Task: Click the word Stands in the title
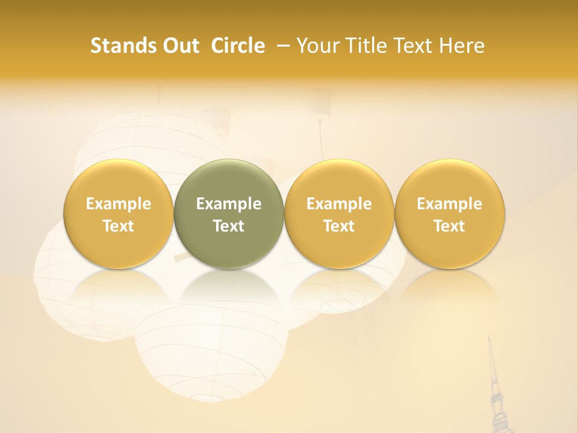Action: tap(119, 46)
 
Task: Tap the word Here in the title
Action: tap(461, 46)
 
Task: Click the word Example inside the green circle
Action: tap(229, 204)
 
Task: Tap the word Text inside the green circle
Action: tap(229, 226)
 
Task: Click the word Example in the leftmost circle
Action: tap(119, 204)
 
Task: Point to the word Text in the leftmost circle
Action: tap(119, 226)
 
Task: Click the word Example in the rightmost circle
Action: tap(450, 204)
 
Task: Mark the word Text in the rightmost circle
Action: tap(450, 226)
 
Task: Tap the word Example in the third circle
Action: tap(339, 204)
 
